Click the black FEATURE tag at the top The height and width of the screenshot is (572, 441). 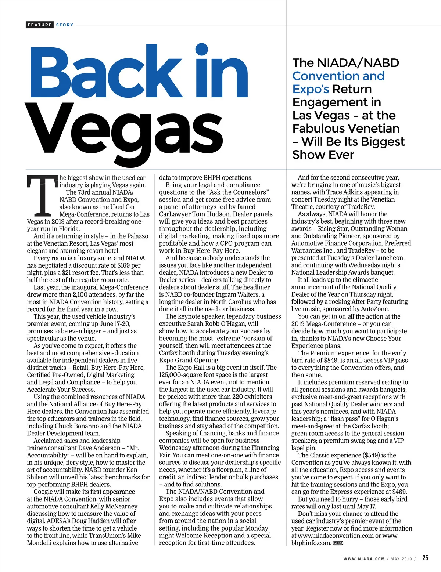point(40,25)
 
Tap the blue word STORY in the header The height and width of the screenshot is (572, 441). point(65,25)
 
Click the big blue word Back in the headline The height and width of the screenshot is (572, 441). point(107,72)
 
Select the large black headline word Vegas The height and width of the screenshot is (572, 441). point(125,128)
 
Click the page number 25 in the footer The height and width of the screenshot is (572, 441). point(425,558)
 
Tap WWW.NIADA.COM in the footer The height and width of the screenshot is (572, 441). point(364,559)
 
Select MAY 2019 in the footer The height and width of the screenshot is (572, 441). point(401,559)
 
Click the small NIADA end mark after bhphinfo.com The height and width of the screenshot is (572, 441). point(338,543)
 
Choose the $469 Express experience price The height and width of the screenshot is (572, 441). point(399,492)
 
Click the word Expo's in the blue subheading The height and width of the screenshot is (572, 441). point(311,89)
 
